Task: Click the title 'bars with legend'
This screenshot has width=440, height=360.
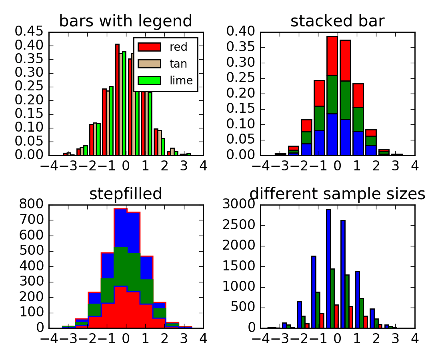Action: (126, 21)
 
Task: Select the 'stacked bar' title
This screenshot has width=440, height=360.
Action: (337, 21)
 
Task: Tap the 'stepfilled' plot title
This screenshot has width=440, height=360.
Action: (126, 194)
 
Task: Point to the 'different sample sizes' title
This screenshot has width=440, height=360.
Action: (337, 194)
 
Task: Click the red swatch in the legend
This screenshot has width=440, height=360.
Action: (149, 47)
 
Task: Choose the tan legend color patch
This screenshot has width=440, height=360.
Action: (149, 64)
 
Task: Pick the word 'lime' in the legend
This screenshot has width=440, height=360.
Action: (181, 81)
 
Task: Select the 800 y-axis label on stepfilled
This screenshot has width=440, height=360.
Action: (33, 205)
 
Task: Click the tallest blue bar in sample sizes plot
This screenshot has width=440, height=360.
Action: (328, 268)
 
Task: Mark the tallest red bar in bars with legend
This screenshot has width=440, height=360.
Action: (117, 100)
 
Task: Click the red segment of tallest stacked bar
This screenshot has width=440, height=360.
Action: (332, 56)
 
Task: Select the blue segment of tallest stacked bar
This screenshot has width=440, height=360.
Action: (332, 134)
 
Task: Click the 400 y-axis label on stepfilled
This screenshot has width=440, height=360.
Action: (33, 266)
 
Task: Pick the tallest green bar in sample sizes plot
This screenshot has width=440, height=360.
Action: (332, 298)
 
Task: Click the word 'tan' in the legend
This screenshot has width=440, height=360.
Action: (178, 64)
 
